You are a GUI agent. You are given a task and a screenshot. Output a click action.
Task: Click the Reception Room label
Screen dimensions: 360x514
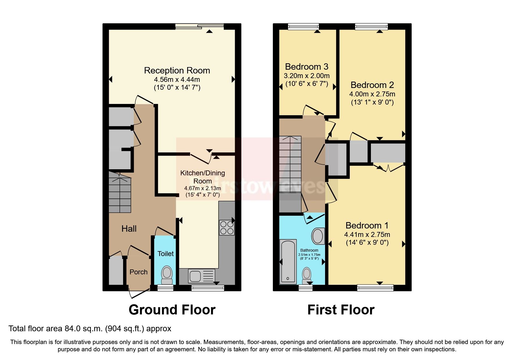[x=177, y=71]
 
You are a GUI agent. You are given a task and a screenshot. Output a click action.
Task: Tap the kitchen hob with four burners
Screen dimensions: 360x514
[x=227, y=228]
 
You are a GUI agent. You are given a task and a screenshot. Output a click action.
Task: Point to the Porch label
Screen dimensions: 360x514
[x=138, y=272]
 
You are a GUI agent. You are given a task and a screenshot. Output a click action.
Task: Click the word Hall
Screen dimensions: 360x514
[x=129, y=229]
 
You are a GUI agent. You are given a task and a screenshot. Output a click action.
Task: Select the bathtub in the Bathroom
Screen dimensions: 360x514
[x=288, y=261]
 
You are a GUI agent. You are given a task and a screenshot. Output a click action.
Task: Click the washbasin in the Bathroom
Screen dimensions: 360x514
[x=318, y=236]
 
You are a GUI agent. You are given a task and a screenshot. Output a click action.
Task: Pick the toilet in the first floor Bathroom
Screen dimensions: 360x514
[x=307, y=275]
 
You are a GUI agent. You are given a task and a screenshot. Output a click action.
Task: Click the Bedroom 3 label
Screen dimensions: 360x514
[x=306, y=67]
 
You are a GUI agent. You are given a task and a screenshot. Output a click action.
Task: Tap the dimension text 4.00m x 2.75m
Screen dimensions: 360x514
[x=372, y=94]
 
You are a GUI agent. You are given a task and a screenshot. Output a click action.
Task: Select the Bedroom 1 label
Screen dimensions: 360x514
[x=367, y=226]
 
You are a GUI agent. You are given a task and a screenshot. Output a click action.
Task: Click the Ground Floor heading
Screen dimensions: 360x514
[x=172, y=310]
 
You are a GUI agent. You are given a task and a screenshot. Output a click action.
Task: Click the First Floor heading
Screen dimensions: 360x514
[x=341, y=310]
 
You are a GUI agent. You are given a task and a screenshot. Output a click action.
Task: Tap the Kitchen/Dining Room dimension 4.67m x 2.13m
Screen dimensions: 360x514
[x=203, y=188]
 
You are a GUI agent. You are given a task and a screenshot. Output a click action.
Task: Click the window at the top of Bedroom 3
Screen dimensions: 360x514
[x=303, y=27]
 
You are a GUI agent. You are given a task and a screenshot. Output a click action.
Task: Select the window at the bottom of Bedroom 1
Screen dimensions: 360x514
[x=375, y=288]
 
